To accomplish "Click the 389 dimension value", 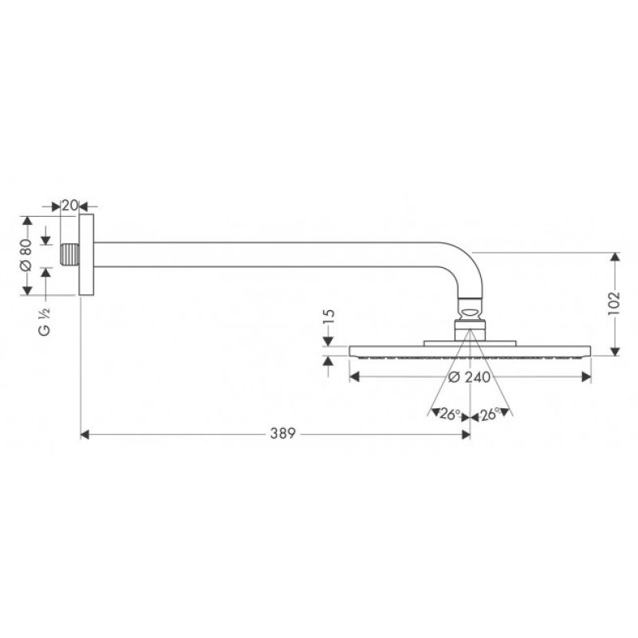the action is point(282,434).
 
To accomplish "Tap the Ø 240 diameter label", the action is point(469,377).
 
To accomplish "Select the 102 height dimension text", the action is point(613,303).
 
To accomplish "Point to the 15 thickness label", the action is point(329,316).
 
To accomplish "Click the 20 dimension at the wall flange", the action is point(69,206).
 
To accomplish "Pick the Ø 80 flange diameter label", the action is point(26,255).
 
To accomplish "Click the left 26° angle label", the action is point(450,414).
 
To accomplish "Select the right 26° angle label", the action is point(490,414).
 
